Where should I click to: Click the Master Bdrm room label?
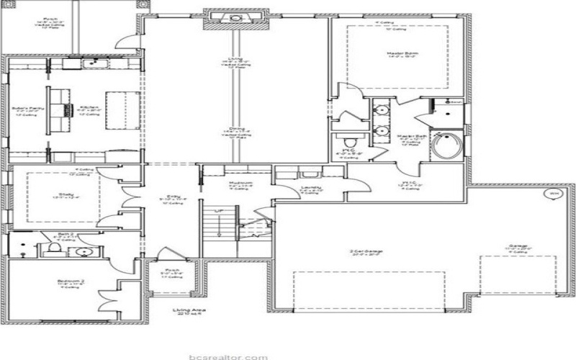coord(392,53)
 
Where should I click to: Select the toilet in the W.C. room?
coord(348,140)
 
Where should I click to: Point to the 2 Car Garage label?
coord(365,251)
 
